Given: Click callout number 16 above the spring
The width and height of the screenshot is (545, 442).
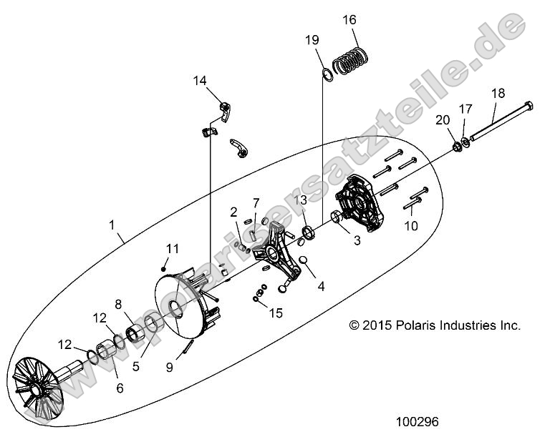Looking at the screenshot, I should (x=349, y=19).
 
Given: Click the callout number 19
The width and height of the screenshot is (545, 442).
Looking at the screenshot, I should (x=312, y=41).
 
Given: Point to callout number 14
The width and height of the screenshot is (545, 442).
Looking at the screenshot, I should (x=200, y=81).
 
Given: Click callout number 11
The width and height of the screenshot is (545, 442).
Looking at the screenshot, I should (x=172, y=248).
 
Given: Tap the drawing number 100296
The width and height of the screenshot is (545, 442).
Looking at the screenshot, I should (x=418, y=421).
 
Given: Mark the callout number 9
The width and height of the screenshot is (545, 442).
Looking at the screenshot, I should (x=169, y=368).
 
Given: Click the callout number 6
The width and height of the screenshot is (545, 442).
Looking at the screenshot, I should (x=120, y=388).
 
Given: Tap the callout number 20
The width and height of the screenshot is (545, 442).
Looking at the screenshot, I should (x=443, y=119).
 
